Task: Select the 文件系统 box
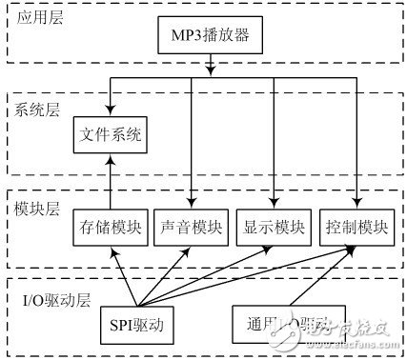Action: (x=111, y=136)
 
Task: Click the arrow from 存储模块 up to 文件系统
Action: (x=111, y=181)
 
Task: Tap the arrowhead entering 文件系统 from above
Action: (x=111, y=111)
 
